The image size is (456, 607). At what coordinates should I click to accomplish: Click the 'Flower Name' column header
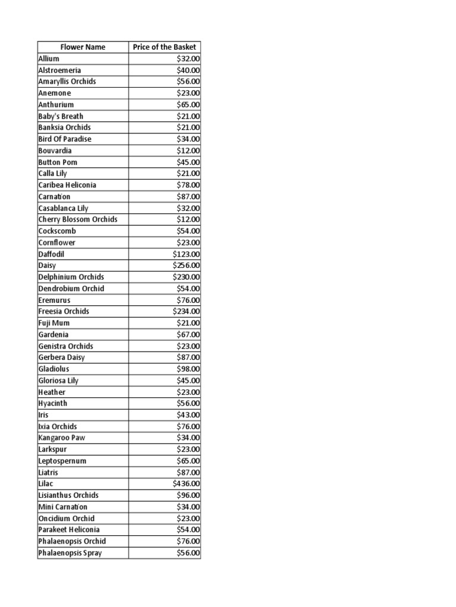pos(83,47)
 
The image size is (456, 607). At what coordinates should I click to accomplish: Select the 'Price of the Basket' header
pos(164,47)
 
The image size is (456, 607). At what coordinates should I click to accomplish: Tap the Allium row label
pos(49,59)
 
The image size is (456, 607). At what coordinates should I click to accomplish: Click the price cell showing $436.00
pos(186,484)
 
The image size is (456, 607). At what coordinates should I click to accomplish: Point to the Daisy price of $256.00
pos(186,266)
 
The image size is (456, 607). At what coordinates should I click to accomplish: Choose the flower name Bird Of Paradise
pos(65,139)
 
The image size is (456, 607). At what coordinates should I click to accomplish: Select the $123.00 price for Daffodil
pos(186,254)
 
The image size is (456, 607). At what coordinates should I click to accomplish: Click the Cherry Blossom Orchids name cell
pos(78,219)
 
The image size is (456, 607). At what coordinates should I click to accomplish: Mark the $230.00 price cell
pos(186,277)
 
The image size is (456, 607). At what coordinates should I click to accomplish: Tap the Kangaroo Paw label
pos(62,437)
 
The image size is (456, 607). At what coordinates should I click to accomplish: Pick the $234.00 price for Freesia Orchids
pos(186,311)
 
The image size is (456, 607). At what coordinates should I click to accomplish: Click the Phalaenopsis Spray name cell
pos(69,553)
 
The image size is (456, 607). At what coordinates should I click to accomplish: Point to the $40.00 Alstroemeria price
pos(188,70)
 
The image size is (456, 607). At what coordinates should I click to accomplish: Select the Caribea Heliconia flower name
pos(67,185)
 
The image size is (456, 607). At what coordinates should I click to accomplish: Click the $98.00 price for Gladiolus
pos(188,369)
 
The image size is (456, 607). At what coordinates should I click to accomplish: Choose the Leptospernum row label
pos(62,461)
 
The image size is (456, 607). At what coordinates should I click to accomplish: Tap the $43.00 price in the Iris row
pos(188,415)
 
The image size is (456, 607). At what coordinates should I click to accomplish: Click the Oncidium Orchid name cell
pos(66,518)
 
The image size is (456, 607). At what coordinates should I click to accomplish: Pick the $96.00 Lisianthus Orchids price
pos(188,495)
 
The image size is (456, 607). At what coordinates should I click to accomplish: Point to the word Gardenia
pos(53,334)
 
